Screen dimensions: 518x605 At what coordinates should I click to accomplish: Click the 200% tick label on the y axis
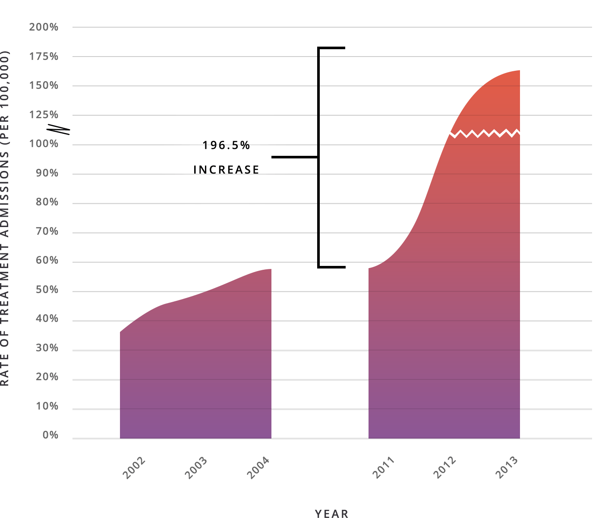pyautogui.click(x=44, y=27)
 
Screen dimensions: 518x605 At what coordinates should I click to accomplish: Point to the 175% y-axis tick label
pyautogui.click(x=44, y=57)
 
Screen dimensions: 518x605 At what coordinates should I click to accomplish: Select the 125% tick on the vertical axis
pyautogui.click(x=44, y=115)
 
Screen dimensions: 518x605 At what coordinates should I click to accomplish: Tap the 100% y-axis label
pyautogui.click(x=44, y=144)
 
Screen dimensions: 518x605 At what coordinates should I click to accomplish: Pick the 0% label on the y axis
pyautogui.click(x=50, y=435)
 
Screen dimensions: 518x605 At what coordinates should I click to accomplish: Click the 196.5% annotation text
pyautogui.click(x=227, y=145)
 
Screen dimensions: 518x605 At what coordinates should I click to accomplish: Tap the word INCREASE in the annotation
pyautogui.click(x=227, y=170)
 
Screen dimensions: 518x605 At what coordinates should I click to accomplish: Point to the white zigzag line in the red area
pyautogui.click(x=485, y=133)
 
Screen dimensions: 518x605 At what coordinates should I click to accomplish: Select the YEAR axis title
pyautogui.click(x=331, y=513)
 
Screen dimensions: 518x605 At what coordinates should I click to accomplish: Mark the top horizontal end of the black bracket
pyautogui.click(x=331, y=48)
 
